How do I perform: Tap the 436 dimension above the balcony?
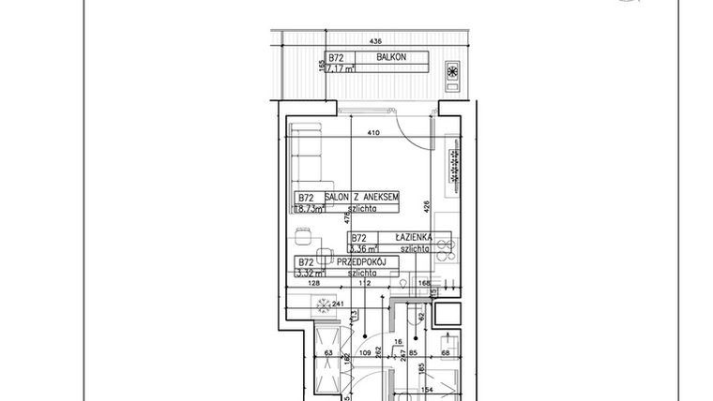(x=375, y=42)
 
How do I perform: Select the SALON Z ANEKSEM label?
(x=362, y=198)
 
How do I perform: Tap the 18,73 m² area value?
(x=310, y=210)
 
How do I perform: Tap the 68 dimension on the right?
(x=446, y=353)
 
